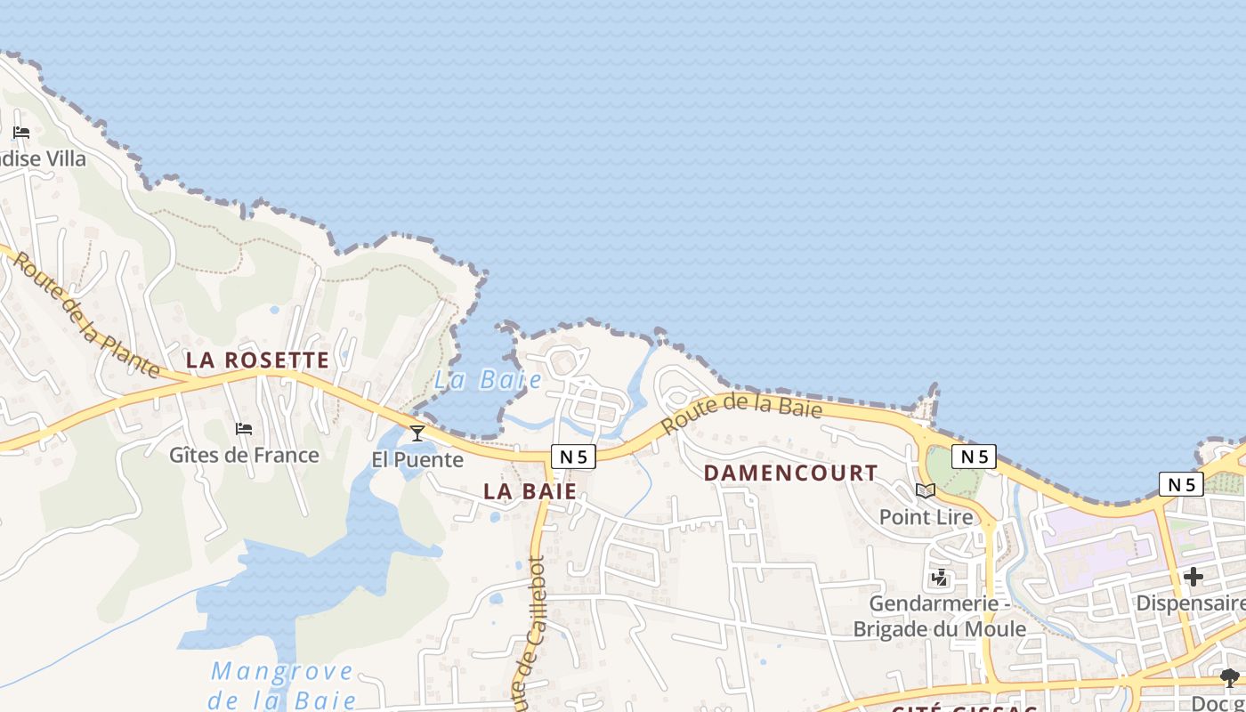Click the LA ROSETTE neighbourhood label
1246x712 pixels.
257,360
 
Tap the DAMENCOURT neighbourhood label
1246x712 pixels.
791,473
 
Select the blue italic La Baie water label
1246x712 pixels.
488,380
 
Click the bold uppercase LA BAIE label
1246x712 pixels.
530,490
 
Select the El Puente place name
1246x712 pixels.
417,460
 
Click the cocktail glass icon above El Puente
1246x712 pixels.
417,433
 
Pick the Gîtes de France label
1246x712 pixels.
244,455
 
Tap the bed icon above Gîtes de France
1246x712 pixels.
244,429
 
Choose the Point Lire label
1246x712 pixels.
926,516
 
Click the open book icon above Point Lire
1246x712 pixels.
926,490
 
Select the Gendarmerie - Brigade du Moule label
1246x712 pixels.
939,616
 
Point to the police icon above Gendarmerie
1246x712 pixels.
939,578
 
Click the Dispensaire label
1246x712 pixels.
1191,603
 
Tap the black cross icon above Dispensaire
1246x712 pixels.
1193,577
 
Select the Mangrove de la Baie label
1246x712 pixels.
282,685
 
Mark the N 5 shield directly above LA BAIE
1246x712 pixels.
573,457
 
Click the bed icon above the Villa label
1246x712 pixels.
21,133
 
